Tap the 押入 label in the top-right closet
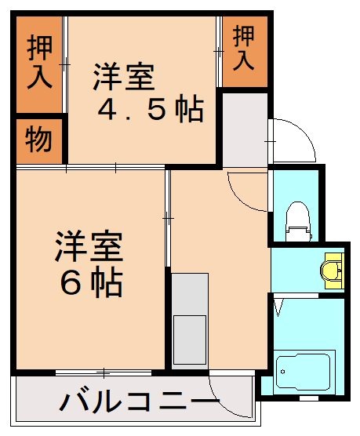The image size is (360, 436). pyautogui.click(x=244, y=49)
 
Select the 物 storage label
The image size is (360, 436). pyautogui.click(x=38, y=141)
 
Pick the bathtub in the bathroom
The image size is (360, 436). pyautogui.click(x=305, y=371)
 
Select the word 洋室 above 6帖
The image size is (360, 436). pyautogui.click(x=89, y=248)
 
